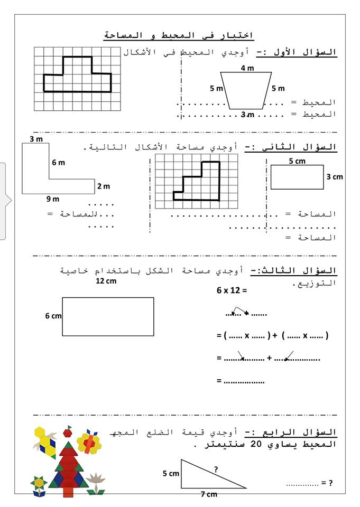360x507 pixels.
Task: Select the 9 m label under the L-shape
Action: coord(53,200)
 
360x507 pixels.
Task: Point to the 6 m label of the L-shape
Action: coord(58,163)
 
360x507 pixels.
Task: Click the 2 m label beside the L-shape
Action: coord(103,186)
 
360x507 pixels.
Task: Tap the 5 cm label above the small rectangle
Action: coord(297,161)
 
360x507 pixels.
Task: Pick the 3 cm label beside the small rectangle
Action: coord(335,177)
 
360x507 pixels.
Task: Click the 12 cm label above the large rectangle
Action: coord(106,281)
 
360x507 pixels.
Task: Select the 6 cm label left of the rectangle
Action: coord(53,315)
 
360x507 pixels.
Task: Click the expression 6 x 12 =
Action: coord(232,290)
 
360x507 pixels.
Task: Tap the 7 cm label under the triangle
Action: coord(208,494)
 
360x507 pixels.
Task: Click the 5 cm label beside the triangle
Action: coord(170,474)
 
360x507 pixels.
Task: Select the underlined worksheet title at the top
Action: coord(179,35)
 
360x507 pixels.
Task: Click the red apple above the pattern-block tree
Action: coord(67,433)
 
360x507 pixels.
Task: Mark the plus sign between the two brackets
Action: coord(276,335)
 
